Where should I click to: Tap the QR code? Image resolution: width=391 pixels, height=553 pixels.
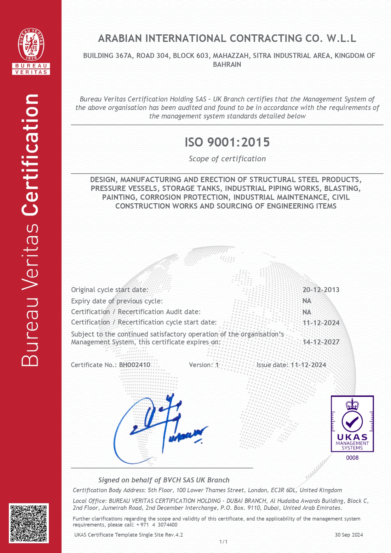click(x=29, y=523)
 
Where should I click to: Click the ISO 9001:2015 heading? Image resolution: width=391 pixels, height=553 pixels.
click(x=227, y=142)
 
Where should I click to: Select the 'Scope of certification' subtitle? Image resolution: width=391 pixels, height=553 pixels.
click(x=227, y=159)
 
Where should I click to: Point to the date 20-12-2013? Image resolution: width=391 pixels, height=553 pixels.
click(x=321, y=290)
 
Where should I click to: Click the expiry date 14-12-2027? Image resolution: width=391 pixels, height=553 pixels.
click(x=321, y=342)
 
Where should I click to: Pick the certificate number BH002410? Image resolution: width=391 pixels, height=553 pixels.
click(x=135, y=365)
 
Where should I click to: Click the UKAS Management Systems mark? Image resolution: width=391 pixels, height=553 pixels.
click(x=352, y=424)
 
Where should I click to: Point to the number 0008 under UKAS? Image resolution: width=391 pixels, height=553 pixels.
click(x=352, y=458)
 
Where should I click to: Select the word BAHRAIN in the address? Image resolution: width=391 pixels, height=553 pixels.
click(x=227, y=65)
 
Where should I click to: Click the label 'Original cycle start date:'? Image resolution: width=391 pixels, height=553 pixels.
click(x=109, y=290)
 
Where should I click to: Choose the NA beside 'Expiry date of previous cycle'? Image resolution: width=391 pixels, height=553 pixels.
click(x=307, y=301)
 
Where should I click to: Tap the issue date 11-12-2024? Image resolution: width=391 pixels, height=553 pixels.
click(x=308, y=365)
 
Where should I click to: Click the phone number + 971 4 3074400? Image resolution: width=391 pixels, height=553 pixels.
click(x=157, y=525)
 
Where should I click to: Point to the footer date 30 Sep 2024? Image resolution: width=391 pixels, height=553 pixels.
click(x=349, y=535)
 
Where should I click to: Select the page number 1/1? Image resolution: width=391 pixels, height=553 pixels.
click(x=223, y=542)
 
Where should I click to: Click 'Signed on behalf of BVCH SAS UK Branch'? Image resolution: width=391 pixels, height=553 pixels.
click(x=164, y=480)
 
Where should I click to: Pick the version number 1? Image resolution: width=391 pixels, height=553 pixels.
click(x=217, y=365)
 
